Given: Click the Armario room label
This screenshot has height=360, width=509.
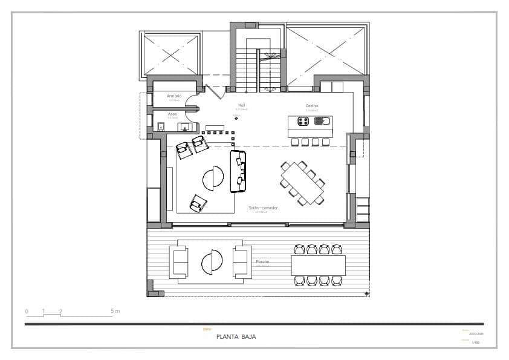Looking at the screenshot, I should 174,96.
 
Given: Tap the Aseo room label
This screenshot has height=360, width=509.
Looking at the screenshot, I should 172,114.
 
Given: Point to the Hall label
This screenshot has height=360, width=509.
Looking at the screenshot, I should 241,105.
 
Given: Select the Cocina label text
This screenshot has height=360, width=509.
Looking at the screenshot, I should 311,106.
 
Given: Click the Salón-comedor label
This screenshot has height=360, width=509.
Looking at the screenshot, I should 263,208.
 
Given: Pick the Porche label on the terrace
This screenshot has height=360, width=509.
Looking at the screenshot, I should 262,262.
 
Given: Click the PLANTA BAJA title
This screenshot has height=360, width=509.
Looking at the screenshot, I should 236,337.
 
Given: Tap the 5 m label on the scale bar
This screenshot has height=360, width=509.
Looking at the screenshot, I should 115,311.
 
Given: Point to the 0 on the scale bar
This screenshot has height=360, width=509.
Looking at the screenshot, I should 27,311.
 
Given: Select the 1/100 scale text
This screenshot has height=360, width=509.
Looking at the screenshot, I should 476,342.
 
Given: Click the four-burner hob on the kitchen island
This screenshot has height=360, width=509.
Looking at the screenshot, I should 303,121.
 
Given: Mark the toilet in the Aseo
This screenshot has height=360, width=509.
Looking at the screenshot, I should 161,126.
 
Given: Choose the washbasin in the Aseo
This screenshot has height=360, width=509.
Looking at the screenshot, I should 184,126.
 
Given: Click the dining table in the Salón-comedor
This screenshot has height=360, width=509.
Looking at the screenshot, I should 303,183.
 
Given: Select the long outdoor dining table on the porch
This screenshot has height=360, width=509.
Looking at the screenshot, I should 318,265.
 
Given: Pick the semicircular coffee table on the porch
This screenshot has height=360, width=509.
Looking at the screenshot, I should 212,262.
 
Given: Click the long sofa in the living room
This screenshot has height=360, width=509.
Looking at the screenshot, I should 238,171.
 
